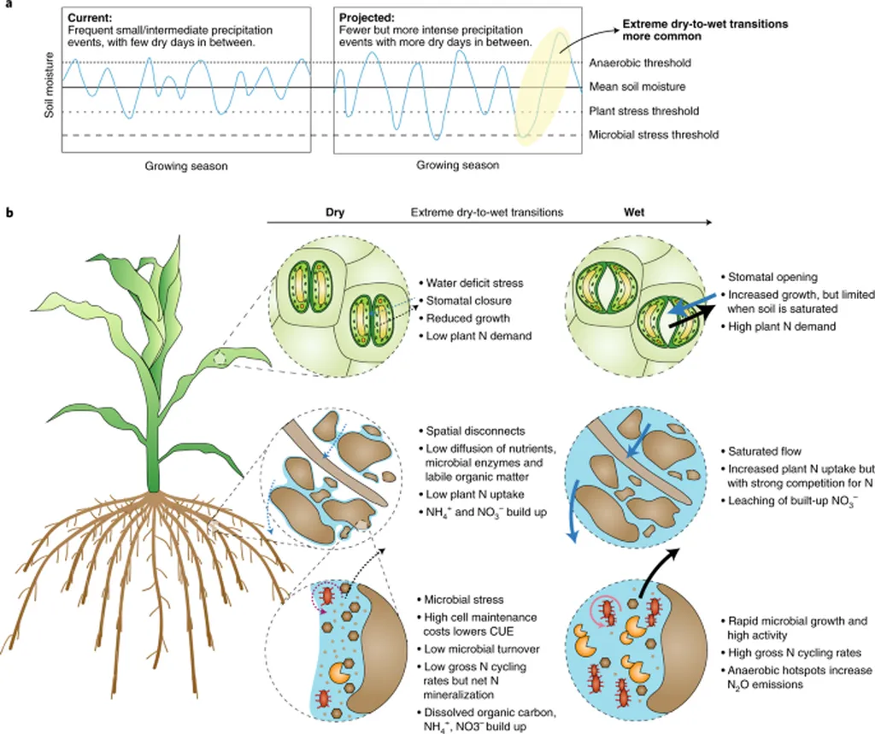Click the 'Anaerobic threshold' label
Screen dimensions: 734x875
(x=640, y=63)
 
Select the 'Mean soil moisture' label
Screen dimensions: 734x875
(x=637, y=87)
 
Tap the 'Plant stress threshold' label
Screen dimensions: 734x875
(x=643, y=111)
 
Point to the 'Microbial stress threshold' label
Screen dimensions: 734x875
(x=654, y=135)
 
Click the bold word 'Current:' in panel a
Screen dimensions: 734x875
(x=93, y=16)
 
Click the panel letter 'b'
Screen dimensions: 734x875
(x=9, y=212)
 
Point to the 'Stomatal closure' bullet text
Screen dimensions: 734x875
(x=468, y=300)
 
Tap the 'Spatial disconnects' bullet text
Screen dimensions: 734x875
(x=477, y=432)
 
